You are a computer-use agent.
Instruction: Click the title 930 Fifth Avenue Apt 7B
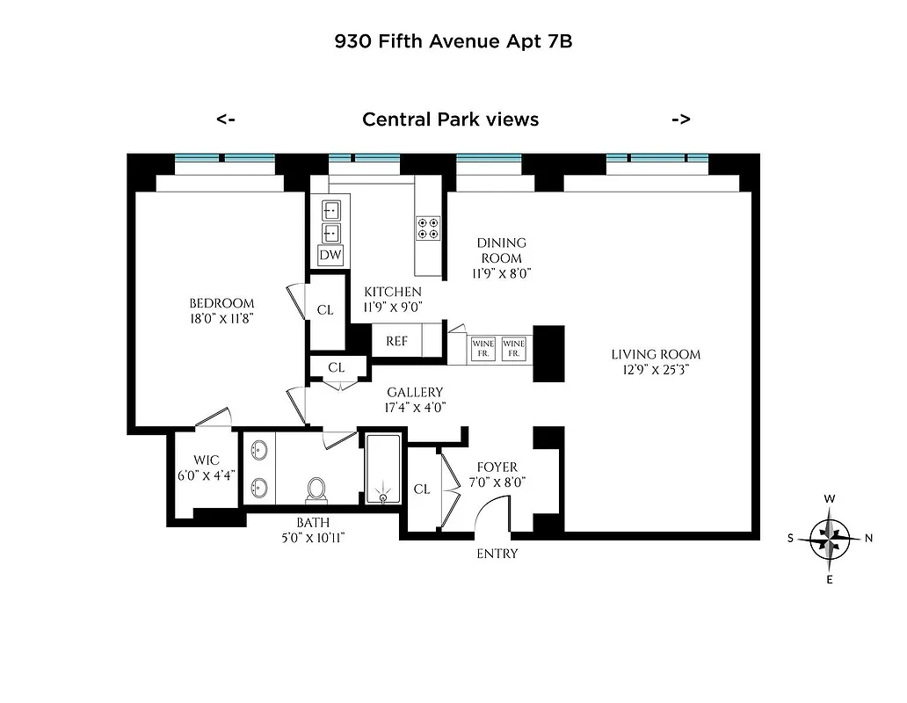pos(453,40)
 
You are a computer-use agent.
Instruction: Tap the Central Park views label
pos(450,120)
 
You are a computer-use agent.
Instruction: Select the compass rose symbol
pos(830,539)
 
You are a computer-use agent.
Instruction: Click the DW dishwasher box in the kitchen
pos(330,255)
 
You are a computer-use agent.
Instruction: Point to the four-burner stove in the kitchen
pos(428,228)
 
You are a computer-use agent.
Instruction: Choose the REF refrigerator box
pos(396,341)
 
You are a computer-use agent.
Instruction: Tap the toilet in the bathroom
pos(317,489)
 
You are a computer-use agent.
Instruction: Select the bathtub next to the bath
pos(381,470)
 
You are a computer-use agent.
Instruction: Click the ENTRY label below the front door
pos(497,554)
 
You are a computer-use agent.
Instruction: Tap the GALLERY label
pos(415,392)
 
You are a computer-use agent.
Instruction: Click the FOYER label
pos(497,467)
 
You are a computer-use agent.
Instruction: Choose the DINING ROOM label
pos(501,250)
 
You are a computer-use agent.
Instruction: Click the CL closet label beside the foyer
pos(422,489)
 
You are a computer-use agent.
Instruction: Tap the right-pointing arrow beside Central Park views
pos(680,120)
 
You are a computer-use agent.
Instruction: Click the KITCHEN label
pos(393,292)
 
